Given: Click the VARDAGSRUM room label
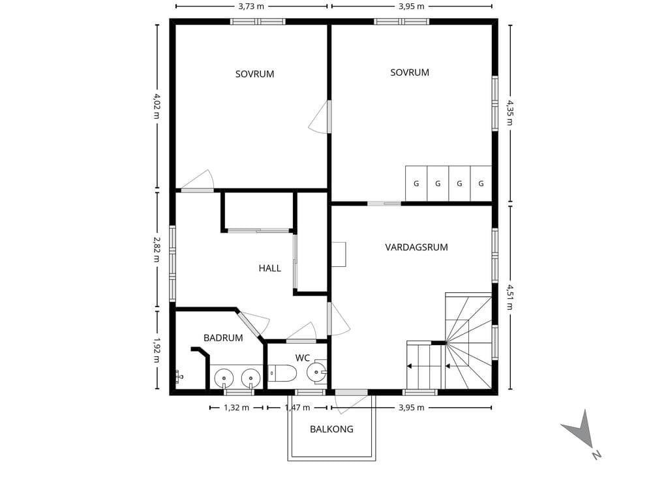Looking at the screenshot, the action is click(416, 247).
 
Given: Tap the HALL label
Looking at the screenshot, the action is click(269, 268).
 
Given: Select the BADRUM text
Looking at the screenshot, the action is click(223, 338).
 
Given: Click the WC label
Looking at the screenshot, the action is click(303, 358).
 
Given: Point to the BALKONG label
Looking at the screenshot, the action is click(331, 429).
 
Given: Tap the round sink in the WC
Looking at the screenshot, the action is click(316, 372).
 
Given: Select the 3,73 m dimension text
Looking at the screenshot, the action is click(251, 6).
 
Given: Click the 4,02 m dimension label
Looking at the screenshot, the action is click(157, 106).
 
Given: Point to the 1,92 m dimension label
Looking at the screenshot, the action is click(157, 350).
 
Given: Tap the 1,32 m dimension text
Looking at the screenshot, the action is click(236, 408).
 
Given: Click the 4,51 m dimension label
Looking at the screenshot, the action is click(510, 297).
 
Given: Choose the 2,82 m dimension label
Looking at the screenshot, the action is click(157, 249).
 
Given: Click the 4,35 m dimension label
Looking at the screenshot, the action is click(510, 112).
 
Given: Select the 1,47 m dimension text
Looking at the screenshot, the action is click(297, 408).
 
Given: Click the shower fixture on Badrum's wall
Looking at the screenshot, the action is click(179, 377).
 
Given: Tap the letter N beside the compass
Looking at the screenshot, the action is click(596, 455).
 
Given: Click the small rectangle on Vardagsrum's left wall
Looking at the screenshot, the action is click(339, 254).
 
